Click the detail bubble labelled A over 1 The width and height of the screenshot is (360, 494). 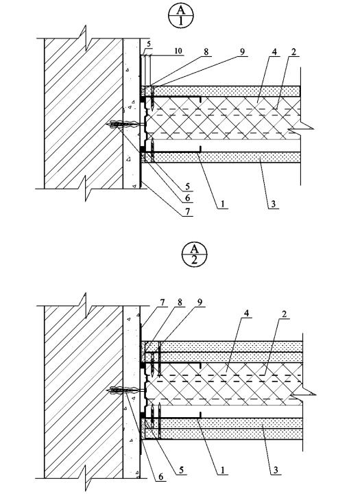tap(181, 16)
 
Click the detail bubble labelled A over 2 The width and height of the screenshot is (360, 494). tap(195, 255)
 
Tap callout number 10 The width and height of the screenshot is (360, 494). tap(178, 51)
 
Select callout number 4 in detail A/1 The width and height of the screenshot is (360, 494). tap(274, 52)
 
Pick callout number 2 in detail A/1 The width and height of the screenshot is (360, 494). tap(293, 52)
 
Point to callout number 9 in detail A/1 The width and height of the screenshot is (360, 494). tap(242, 51)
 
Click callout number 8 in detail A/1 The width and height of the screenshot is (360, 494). tap(206, 51)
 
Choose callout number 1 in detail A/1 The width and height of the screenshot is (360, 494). tap(222, 204)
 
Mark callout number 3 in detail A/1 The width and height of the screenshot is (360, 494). tap(273, 204)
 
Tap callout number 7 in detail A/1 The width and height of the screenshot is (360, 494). tap(187, 212)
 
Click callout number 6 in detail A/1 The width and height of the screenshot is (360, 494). tap(187, 198)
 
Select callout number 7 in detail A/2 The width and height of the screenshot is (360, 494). tap(163, 303)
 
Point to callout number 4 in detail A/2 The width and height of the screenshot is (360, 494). tap(246, 314)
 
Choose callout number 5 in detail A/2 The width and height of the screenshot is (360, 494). tap(181, 470)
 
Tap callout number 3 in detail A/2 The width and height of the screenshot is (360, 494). tap(276, 470)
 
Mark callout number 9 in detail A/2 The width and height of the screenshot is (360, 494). tap(200, 303)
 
